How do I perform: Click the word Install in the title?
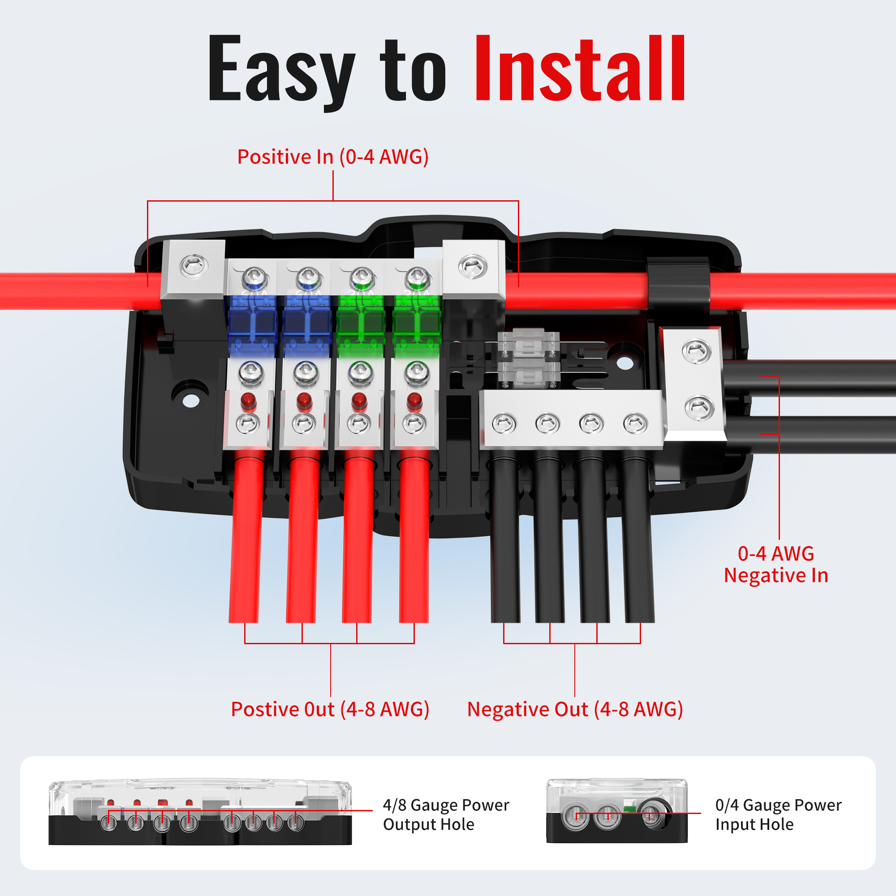tap(580, 68)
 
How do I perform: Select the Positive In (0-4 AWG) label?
tap(333, 157)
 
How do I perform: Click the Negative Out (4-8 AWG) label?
tap(575, 709)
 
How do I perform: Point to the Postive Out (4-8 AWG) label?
tap(330, 709)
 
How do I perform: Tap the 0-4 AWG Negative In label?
tap(776, 564)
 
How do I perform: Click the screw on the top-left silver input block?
tap(194, 267)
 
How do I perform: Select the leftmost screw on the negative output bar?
tap(504, 424)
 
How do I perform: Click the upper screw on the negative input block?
tap(697, 351)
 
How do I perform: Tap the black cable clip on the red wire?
tap(677, 285)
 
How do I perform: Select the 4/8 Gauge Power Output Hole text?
tap(446, 815)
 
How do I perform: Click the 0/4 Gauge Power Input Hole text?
tap(778, 815)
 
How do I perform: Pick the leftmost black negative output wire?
tap(505, 538)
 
